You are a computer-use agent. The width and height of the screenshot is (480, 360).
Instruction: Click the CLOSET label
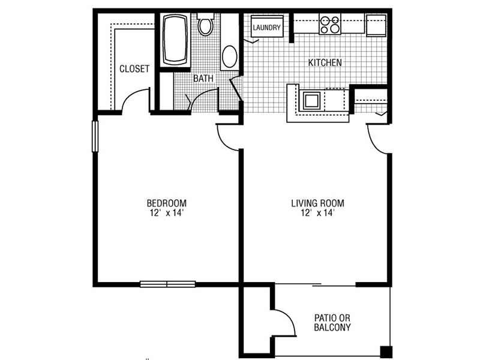pyautogui.click(x=134, y=68)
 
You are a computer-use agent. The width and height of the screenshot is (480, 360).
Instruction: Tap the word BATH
pyautogui.click(x=203, y=79)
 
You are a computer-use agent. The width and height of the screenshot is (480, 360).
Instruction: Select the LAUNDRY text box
pyautogui.click(x=266, y=28)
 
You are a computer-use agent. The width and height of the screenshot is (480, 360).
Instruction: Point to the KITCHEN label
pyautogui.click(x=325, y=62)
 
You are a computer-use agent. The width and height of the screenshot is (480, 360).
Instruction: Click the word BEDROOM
pyautogui.click(x=167, y=203)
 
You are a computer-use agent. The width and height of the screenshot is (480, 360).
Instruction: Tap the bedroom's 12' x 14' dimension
pyautogui.click(x=167, y=213)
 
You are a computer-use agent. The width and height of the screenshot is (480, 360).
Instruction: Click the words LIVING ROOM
pyautogui.click(x=317, y=203)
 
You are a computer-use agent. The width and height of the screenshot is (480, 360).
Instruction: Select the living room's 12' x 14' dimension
pyautogui.click(x=317, y=213)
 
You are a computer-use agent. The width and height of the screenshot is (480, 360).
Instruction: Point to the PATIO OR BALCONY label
pyautogui.click(x=332, y=323)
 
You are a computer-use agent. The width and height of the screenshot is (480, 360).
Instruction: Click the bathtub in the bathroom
pyautogui.click(x=175, y=40)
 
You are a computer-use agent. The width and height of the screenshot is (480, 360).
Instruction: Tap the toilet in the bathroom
pyautogui.click(x=205, y=24)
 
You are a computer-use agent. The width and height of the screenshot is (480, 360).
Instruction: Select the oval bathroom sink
pyautogui.click(x=229, y=56)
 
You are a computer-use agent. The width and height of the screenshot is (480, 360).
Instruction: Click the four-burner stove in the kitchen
pyautogui.click(x=329, y=24)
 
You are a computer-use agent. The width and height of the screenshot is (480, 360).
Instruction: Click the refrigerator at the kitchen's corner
pyautogui.click(x=376, y=25)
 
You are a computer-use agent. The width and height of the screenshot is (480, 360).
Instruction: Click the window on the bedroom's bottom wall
pyautogui.click(x=168, y=284)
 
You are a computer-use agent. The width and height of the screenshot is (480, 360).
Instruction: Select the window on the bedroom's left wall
pyautogui.click(x=95, y=136)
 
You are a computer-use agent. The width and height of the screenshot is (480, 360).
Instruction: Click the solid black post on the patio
pyautogui.click(x=386, y=352)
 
